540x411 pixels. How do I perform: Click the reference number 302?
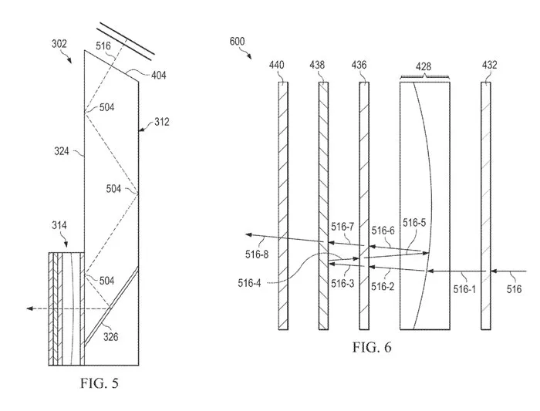tap(59, 44)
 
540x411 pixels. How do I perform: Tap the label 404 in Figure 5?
tap(159, 75)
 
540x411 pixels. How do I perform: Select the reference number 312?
tap(161, 122)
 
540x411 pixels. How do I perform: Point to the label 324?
tap(62, 151)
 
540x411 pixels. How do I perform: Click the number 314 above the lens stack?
tap(59, 225)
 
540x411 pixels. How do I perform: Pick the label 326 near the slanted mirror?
tap(111, 337)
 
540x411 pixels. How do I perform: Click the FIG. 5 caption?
tap(100, 382)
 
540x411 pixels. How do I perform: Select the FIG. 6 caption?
tap(372, 347)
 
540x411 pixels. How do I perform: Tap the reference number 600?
tap(238, 42)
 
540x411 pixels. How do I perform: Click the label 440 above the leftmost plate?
tap(276, 65)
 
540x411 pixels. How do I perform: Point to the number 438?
tap(317, 65)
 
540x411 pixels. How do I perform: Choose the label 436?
tap(359, 65)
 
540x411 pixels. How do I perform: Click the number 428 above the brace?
tap(424, 66)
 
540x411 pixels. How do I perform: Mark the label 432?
tap(489, 65)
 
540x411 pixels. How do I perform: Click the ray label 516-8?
tap(257, 254)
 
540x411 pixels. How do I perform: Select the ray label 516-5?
tap(414, 223)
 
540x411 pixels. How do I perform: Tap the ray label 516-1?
tap(464, 289)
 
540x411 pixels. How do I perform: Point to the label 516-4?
tap(249, 283)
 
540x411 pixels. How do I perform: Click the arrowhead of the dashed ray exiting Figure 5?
tap(29, 308)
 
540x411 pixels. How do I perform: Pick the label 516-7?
tap(343, 227)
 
